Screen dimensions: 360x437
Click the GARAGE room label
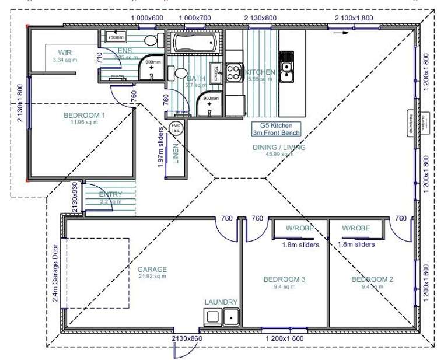pos(152,270)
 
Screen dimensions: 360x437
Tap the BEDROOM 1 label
pos(84,116)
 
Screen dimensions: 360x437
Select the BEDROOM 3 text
pos(284,279)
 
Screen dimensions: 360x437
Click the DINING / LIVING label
pos(279,148)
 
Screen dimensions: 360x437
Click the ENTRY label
pos(110,194)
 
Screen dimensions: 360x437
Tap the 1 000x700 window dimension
pos(195,18)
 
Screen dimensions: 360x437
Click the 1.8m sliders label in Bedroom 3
pos(300,245)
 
